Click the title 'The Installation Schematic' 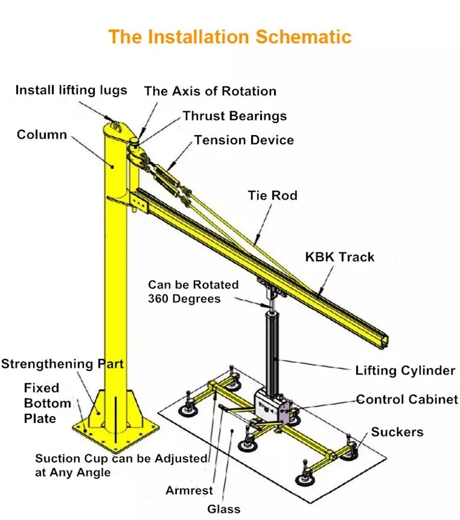230,37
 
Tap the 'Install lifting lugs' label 71,90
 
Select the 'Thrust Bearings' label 234,116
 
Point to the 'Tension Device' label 244,140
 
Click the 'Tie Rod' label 272,195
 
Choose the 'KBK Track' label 339,256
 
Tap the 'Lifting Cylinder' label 405,371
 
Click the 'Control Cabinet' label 407,399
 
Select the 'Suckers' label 397,431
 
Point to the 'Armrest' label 189,491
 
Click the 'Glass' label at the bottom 224,509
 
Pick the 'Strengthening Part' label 62,364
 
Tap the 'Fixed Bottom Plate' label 48,403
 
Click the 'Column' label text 42,134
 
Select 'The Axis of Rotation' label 210,91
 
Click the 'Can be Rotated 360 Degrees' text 193,291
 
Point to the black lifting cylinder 271,346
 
